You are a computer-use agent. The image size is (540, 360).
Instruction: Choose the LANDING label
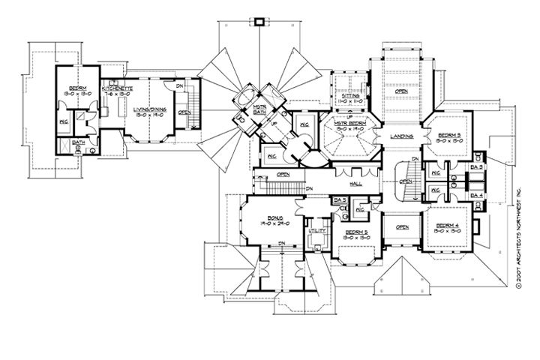(403, 135)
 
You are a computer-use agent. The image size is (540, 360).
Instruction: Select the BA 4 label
(476, 195)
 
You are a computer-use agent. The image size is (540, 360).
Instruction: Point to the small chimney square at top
(260, 22)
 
